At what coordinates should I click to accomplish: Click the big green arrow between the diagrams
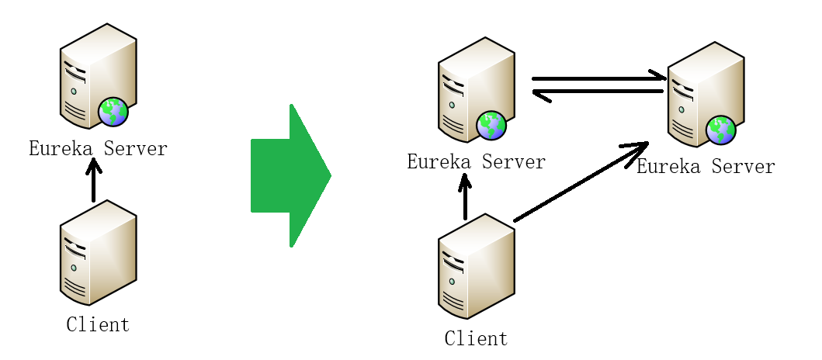pos(289,175)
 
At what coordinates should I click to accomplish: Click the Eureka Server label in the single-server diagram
pos(98,148)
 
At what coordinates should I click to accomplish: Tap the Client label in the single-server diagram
pos(98,324)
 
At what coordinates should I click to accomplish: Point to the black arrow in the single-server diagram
pos(93,181)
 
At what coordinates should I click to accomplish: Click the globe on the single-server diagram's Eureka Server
pos(113,112)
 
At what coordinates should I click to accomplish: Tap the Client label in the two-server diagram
pos(476,339)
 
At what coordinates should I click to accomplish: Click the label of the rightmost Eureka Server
pos(706,167)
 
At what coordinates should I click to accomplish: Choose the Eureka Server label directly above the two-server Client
pos(476,161)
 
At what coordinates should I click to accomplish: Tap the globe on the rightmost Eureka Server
pos(721,130)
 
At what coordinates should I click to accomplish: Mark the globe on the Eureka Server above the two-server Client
pos(491,125)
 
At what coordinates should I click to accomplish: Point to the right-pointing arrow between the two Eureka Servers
pos(598,78)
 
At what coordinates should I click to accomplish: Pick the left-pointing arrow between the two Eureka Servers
pos(598,92)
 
